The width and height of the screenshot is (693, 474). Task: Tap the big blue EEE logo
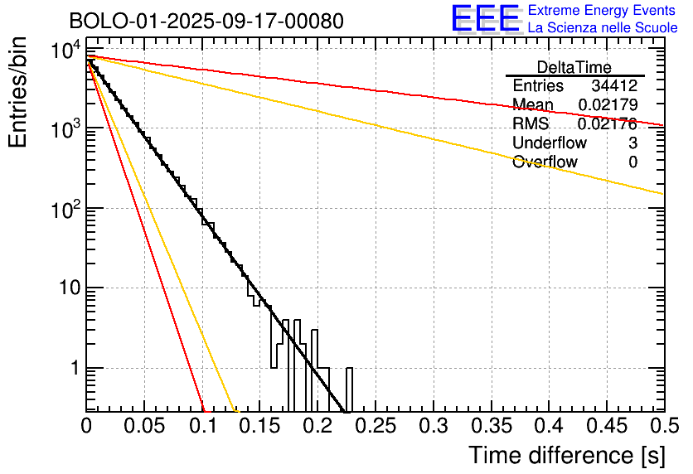485,18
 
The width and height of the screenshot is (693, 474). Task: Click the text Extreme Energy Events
603,11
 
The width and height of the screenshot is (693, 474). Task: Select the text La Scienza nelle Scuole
603,27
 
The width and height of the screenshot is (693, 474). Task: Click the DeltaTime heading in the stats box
574,67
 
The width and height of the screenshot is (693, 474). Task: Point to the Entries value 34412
614,86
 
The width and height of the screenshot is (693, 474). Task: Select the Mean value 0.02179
608,105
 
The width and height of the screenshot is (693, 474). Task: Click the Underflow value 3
632,143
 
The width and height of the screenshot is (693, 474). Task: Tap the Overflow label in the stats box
545,162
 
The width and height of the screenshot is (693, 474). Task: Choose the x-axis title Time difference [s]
565,455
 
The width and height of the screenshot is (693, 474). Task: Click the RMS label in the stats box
531,124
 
